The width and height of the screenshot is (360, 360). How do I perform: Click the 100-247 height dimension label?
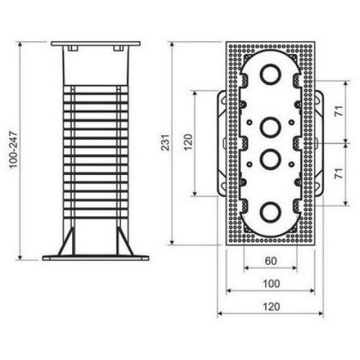point(14,150)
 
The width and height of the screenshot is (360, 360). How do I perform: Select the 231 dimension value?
point(166,143)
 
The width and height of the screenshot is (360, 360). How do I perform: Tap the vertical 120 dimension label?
point(188,142)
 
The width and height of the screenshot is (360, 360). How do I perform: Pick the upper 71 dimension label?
point(339,111)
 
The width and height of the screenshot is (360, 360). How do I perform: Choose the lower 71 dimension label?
point(339,174)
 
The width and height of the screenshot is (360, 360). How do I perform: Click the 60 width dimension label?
point(271,261)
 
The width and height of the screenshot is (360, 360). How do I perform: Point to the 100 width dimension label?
point(271,284)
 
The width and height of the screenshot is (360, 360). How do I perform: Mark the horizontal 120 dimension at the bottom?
point(271,307)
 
